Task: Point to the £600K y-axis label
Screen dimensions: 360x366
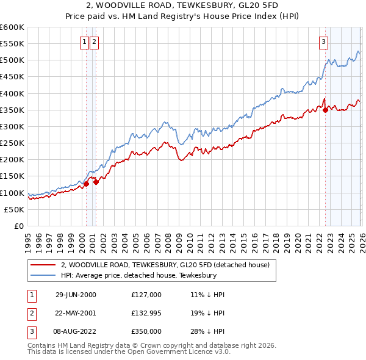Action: click(12, 27)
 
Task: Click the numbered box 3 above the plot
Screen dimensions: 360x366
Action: click(323, 42)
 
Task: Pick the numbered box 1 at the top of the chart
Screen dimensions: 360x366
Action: click(85, 42)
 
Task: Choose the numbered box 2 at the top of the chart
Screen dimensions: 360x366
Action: click(95, 42)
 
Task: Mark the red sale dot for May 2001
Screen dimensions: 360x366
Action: click(96, 181)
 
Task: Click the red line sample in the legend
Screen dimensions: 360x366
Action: click(43, 265)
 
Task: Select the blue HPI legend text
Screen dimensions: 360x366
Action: click(139, 275)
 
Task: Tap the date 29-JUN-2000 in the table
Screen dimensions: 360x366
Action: click(76, 294)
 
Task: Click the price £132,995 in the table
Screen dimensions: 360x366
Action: click(146, 313)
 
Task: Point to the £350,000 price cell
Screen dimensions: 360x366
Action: click(146, 331)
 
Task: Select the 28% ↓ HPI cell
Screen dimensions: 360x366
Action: click(208, 331)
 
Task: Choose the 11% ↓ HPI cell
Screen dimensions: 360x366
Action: click(208, 294)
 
